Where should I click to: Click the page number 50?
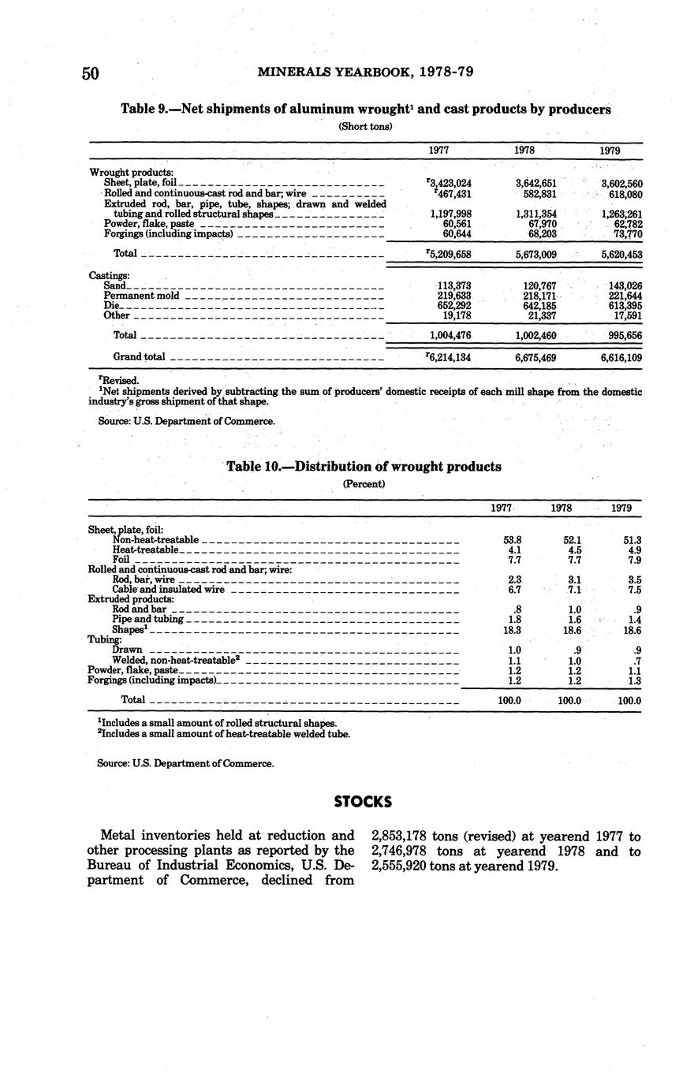point(90,74)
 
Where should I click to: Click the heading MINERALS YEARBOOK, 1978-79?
point(365,73)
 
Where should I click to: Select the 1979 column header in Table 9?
point(609,151)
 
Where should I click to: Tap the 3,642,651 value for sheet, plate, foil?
point(535,184)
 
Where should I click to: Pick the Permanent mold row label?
point(141,296)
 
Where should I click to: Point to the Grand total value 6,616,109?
point(621,357)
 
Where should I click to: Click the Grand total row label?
point(139,357)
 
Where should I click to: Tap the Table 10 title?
point(364,467)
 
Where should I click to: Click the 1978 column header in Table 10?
point(561,509)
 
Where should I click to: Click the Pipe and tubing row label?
point(148,620)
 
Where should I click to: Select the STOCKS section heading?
point(363,802)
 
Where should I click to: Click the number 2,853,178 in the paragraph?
point(399,836)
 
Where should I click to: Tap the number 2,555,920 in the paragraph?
point(399,866)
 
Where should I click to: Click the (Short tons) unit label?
point(364,126)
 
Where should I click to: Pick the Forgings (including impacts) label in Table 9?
point(168,234)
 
